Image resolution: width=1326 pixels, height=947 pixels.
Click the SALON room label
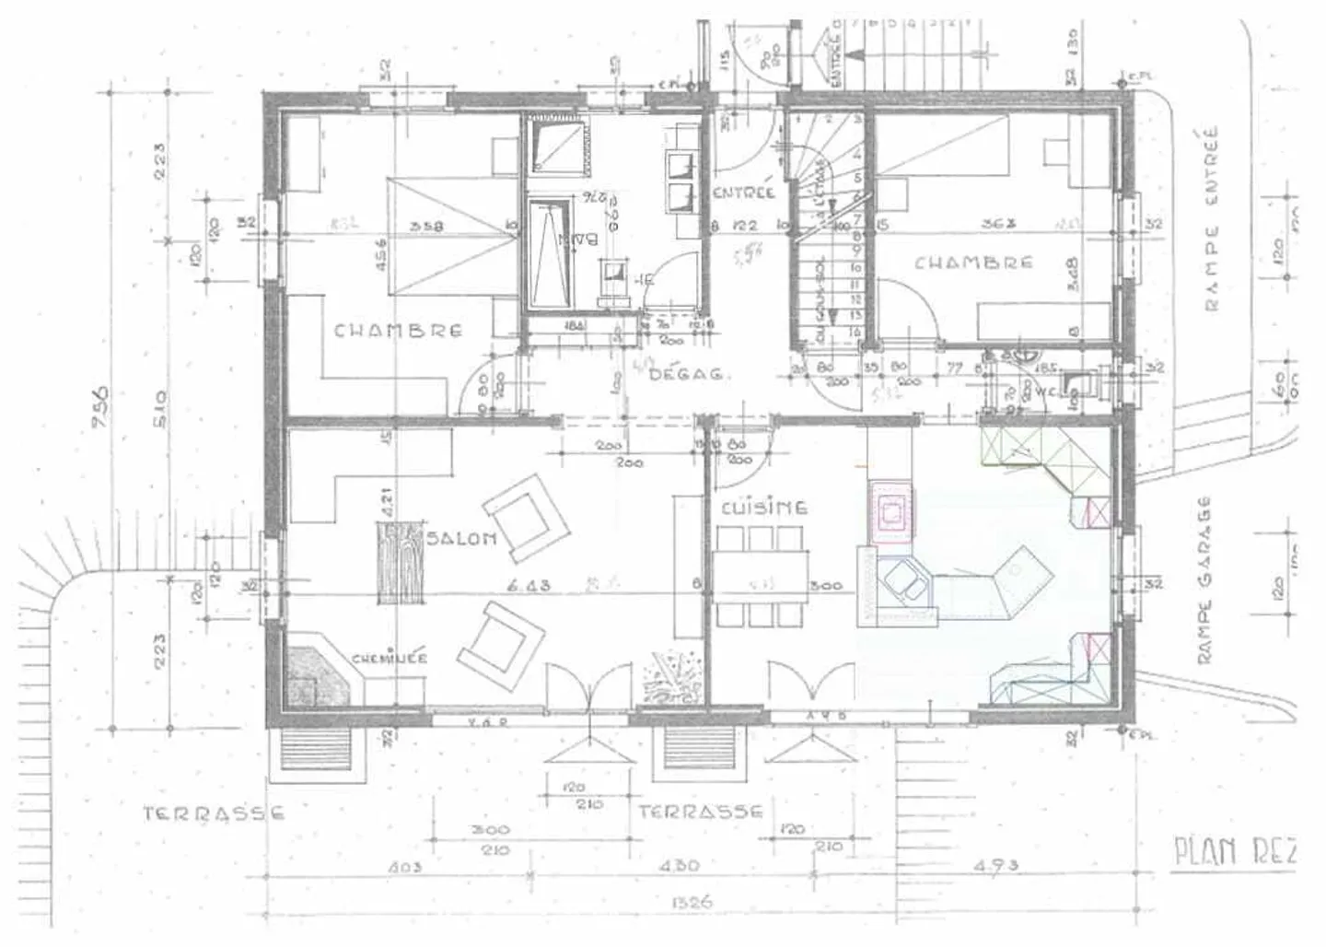click(x=462, y=539)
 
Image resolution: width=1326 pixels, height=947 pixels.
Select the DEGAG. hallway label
click(x=690, y=374)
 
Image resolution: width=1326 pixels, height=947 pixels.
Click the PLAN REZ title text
click(x=1234, y=852)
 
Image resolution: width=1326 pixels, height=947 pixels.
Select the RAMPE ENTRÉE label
click(x=1211, y=218)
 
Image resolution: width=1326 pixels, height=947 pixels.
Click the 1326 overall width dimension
click(x=692, y=902)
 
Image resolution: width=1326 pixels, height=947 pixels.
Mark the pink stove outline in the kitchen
click(x=890, y=509)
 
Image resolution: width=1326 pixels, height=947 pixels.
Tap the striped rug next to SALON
click(x=399, y=563)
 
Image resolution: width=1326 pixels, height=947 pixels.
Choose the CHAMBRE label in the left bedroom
click(x=398, y=330)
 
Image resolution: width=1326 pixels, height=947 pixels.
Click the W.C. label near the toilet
click(x=1043, y=390)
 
